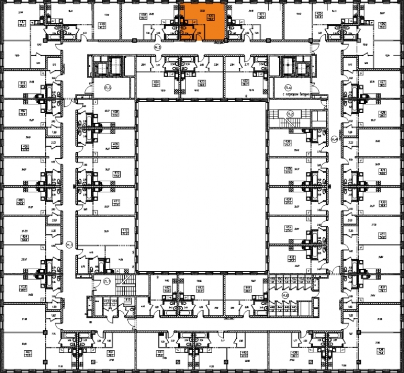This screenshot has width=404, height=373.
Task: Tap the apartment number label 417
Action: coord(22,23)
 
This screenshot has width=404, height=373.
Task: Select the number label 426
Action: coord(382,24)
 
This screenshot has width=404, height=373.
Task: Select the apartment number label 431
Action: coord(382,234)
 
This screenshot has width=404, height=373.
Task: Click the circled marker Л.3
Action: coord(108,88)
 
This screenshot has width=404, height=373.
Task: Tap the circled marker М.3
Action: coord(157,47)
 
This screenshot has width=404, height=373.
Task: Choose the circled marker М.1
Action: coord(70,245)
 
